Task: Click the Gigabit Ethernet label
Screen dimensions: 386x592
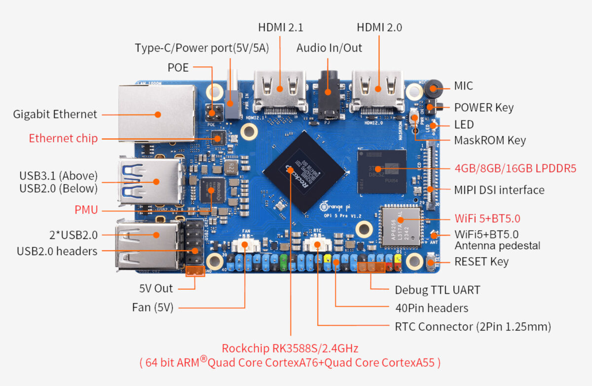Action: [55, 114]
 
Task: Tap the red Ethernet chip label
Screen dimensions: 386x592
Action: [63, 138]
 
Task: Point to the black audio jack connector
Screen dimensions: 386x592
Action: [328, 94]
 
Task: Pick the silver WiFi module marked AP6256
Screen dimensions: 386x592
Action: [400, 226]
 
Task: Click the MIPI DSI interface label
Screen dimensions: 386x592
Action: [499, 190]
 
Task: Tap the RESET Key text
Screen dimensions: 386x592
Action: [481, 261]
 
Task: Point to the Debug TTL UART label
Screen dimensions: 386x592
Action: [437, 290]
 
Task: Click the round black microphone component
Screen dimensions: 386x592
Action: [433, 89]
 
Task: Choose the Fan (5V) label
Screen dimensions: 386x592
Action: [152, 308]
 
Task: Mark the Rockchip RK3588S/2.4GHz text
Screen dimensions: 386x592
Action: [290, 348]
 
